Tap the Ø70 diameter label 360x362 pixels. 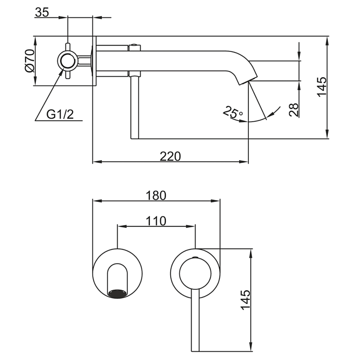(30, 61)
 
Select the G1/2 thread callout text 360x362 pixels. (60, 114)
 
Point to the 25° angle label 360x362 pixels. (233, 112)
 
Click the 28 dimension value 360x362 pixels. (293, 110)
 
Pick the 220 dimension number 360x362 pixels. (170, 156)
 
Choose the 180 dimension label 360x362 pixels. (156, 195)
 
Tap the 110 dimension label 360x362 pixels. (156, 221)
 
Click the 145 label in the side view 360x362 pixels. (322, 87)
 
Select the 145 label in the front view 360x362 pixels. (245, 300)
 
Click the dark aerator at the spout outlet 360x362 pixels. (117, 293)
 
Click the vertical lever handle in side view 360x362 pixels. (135, 107)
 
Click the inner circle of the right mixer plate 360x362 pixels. (195, 274)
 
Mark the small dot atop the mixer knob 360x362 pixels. (195, 257)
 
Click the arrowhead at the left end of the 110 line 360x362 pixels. (122, 226)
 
